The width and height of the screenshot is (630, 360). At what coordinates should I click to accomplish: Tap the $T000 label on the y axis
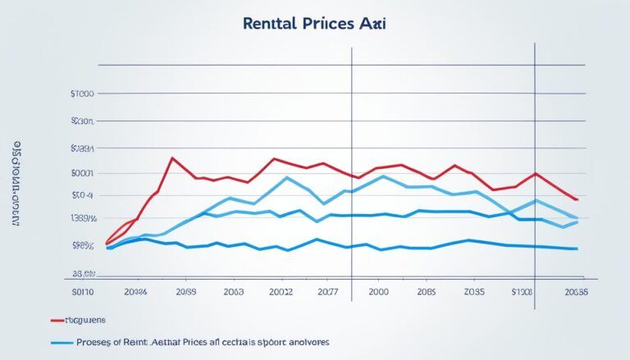coord(83,94)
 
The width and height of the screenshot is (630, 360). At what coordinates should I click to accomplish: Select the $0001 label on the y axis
coord(83,173)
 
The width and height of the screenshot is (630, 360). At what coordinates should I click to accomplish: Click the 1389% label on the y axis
coord(83,219)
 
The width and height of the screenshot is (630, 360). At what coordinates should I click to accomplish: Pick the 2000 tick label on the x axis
coord(379,290)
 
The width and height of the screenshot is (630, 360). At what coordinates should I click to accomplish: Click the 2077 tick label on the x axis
coord(328,290)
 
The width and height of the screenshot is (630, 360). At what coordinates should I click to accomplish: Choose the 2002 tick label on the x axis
coord(281,290)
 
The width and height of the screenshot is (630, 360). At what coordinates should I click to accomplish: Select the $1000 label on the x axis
coord(522,290)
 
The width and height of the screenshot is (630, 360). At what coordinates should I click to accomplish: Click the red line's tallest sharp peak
coord(171,157)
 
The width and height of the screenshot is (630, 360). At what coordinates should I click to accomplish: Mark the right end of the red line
coord(577,199)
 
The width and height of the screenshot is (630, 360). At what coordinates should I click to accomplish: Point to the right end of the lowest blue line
coord(577,248)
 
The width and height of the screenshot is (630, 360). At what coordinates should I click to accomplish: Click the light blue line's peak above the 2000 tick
coord(382,175)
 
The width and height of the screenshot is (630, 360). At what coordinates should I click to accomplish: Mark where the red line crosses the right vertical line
coord(535,174)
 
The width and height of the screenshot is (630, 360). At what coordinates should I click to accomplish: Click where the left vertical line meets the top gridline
coord(352,65)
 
